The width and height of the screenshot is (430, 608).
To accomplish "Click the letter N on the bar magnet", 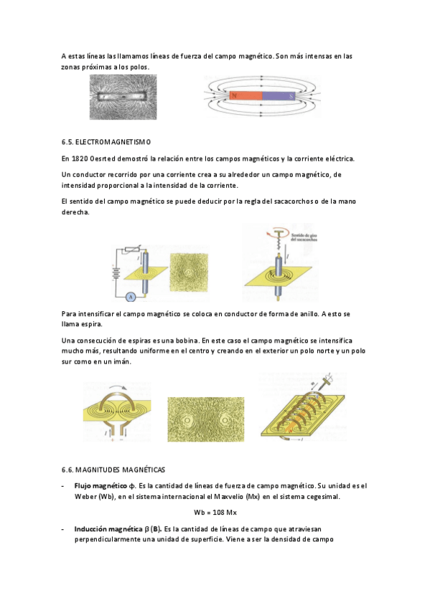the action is (x=234, y=95).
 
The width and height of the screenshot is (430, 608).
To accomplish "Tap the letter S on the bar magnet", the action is (x=291, y=96).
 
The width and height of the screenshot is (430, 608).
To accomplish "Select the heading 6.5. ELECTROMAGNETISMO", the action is (x=106, y=142).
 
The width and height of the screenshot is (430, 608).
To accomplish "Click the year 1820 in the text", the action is (x=79, y=158).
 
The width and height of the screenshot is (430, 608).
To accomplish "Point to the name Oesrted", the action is (x=102, y=158).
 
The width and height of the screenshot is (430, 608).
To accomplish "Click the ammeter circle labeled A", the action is (x=131, y=297).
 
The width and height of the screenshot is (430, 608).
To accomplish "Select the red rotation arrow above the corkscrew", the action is (x=279, y=234).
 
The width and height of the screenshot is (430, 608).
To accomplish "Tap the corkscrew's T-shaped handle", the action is (x=279, y=232).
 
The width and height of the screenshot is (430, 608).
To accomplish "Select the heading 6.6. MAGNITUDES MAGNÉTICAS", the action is (x=113, y=470).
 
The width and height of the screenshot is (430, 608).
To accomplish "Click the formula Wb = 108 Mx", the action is (x=215, y=513).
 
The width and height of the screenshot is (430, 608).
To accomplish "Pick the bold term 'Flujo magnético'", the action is (x=101, y=486).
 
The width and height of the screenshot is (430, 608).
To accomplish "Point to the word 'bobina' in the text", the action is (x=187, y=341).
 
